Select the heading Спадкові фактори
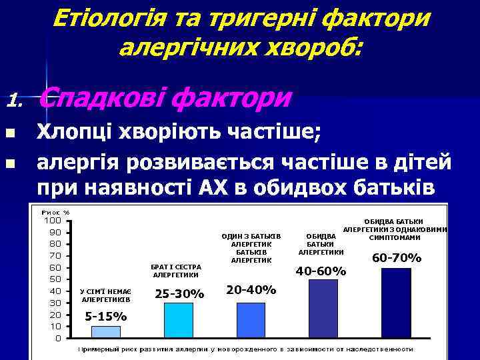[165, 98]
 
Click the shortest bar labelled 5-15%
[105, 331]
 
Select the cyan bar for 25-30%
[179, 320]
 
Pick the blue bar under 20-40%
[251, 320]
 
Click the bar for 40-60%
[323, 308]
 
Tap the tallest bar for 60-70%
[396, 303]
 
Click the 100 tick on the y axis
[53, 221]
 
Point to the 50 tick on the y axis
[55, 279]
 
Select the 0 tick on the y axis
[58, 338]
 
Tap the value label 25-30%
[179, 293]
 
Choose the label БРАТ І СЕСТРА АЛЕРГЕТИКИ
[176, 271]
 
